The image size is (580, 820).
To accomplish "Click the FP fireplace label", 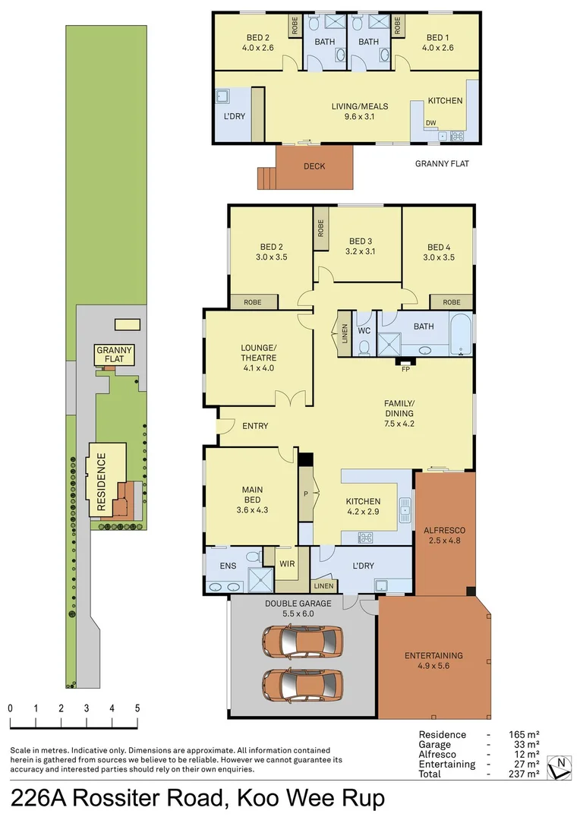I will pyautogui.click(x=406, y=370).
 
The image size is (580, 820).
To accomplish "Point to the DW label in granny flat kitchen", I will pyautogui.click(x=431, y=122).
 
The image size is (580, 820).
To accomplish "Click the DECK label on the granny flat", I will pyautogui.click(x=314, y=166).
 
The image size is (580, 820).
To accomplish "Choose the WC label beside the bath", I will pyautogui.click(x=364, y=331).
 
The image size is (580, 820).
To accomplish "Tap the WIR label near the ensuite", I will pyautogui.click(x=287, y=564).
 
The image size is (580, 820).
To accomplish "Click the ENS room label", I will pyautogui.click(x=228, y=566).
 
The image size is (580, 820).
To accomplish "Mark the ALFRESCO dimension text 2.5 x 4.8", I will pyautogui.click(x=443, y=541).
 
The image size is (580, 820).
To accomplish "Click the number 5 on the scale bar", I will pyautogui.click(x=137, y=708).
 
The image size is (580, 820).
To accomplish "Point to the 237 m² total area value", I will pyautogui.click(x=524, y=774).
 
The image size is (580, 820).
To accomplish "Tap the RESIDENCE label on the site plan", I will pyautogui.click(x=101, y=473).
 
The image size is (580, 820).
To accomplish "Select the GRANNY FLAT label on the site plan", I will pyautogui.click(x=115, y=355).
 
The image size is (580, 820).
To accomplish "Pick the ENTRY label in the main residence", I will pyautogui.click(x=255, y=426).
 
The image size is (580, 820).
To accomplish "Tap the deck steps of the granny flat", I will pyautogui.click(x=266, y=178).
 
